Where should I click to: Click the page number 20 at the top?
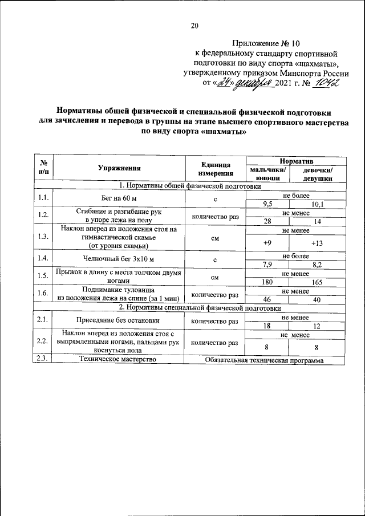click(x=194, y=26)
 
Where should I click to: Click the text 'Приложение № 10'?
click(x=266, y=43)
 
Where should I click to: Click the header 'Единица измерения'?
click(x=216, y=168)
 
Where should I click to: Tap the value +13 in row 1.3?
click(x=318, y=243)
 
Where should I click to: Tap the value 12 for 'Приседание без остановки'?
click(x=318, y=325)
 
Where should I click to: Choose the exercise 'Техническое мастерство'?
click(x=118, y=360)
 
